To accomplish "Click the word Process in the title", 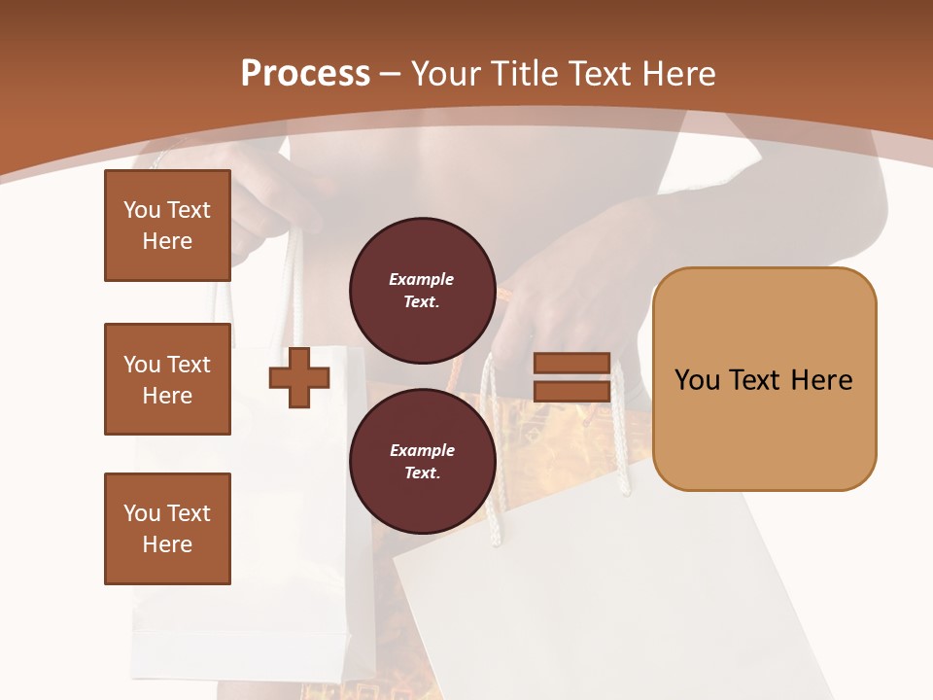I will tap(305, 74).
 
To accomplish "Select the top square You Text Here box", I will tap(167, 226).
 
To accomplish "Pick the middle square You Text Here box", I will tap(167, 379).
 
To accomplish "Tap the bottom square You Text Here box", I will tap(167, 529).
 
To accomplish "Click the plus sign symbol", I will tap(299, 377).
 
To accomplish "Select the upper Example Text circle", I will tap(422, 291).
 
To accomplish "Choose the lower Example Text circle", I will tap(422, 462).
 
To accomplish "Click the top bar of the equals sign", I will tap(571, 363).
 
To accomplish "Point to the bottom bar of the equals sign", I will tap(571, 392).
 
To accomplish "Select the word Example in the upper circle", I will tap(422, 279).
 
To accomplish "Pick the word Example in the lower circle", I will tap(422, 450).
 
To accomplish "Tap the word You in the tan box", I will tap(697, 380).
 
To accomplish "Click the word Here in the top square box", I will tap(167, 241).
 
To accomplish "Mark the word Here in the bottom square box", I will tap(167, 544).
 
